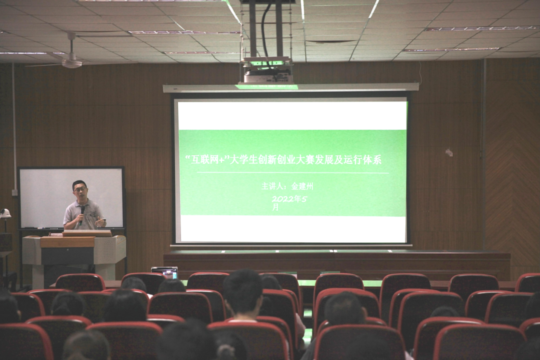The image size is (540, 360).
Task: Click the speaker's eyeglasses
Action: [79, 189]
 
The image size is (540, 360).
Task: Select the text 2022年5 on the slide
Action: [289, 199]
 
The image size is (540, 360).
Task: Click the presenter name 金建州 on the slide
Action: [302, 186]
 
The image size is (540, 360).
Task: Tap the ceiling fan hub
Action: [72, 62]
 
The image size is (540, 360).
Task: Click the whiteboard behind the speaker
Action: [71, 197]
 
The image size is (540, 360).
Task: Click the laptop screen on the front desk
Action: [164, 272]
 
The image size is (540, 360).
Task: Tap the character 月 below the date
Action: [275, 207]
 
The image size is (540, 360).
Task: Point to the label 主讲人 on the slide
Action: [272, 186]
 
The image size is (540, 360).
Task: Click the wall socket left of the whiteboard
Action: [14, 192]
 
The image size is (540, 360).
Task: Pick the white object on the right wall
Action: [448, 152]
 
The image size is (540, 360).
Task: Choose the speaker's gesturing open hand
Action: [99, 222]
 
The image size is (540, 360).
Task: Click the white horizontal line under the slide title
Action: [292, 172]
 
